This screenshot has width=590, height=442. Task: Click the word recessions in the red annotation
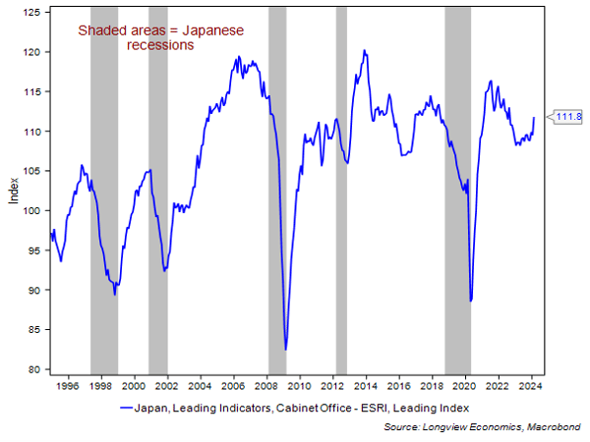pyautogui.click(x=161, y=45)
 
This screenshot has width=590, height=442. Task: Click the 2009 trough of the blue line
pyautogui.click(x=286, y=349)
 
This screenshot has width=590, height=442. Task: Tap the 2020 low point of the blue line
pyautogui.click(x=471, y=300)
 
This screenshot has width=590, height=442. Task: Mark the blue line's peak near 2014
pyautogui.click(x=365, y=51)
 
